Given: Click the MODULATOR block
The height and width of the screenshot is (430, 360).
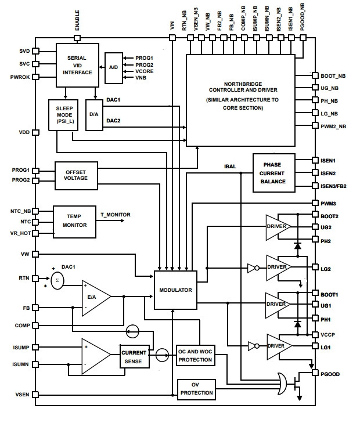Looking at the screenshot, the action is point(175,290).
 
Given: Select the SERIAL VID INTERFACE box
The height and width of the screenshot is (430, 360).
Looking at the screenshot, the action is point(77,65).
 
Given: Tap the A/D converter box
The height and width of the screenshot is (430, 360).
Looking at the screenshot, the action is point(114,68).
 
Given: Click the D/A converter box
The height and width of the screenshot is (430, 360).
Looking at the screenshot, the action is point(94,115).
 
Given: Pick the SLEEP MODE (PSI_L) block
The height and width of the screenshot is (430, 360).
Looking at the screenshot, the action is point(63,115).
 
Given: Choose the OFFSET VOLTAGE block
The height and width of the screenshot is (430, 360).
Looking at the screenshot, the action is point(76,175).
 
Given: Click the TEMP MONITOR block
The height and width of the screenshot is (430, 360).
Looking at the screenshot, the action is point(74,222).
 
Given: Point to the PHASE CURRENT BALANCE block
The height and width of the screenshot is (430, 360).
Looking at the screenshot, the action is point(274,173).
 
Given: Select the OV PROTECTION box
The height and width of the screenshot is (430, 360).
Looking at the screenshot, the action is point(196,389).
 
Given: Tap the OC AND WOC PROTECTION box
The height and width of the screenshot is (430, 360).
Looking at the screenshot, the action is point(195,355).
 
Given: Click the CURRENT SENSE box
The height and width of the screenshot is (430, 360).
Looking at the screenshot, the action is point(135,356).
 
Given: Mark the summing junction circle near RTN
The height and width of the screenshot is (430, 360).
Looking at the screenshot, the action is point(57,280).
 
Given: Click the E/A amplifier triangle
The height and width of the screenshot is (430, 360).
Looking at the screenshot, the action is point(96,298).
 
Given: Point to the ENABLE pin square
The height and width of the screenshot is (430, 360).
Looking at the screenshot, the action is point(77,38).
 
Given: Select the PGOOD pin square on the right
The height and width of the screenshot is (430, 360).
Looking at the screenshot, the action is point(315,373).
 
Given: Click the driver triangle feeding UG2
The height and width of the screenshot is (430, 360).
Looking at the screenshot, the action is point(278,227).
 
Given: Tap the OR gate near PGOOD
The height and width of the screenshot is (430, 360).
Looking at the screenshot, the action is point(282,384).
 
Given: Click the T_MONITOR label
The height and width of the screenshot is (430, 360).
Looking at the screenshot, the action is point(115,215).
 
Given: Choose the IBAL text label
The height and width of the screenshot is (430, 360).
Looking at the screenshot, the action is point(230,167).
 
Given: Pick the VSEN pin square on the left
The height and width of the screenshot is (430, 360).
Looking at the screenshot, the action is point(35,395).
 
